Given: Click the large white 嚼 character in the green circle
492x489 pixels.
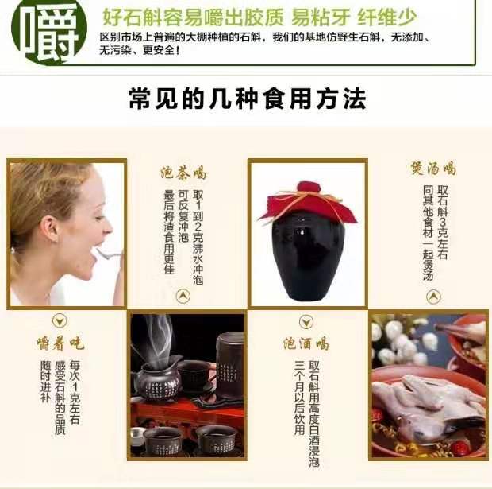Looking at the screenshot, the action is click(49, 33).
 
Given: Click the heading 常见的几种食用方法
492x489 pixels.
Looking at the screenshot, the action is click(248, 99).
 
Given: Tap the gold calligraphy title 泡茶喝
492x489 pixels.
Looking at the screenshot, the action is click(183, 173).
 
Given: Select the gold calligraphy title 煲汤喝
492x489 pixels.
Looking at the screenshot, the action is click(433, 169).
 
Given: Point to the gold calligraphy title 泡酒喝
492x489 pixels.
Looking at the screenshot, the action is click(306, 343).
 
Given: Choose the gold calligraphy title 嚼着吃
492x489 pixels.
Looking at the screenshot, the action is click(60, 343).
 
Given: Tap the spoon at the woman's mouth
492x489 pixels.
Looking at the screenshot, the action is click(109, 254).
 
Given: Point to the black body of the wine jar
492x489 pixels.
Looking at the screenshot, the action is click(308, 258).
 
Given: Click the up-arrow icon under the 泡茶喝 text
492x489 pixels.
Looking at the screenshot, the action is click(183, 296).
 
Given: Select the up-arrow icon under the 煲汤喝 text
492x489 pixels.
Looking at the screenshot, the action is click(433, 297).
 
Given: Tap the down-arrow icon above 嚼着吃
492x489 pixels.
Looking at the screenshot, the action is click(60, 320).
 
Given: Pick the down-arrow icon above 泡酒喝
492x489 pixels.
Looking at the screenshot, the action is click(306, 322).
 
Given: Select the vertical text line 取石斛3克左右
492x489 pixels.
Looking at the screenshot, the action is click(443, 222).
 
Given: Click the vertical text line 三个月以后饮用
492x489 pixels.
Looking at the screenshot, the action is click(300, 398).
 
